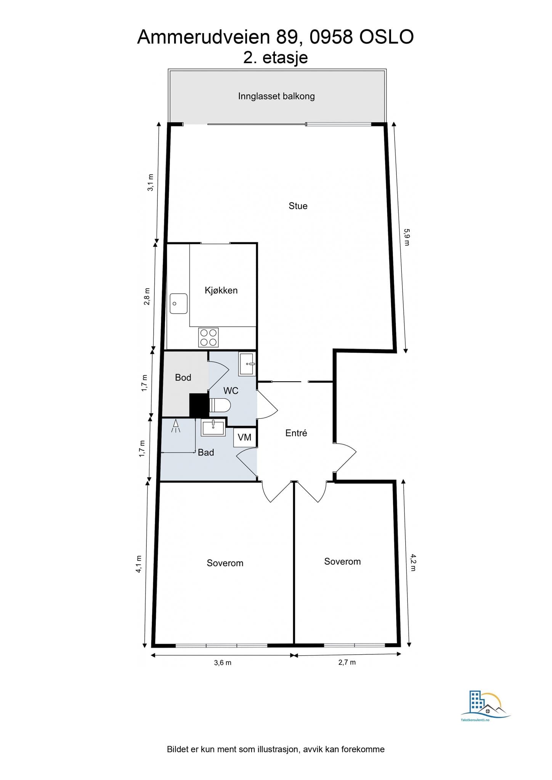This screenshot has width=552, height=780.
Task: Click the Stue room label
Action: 298,206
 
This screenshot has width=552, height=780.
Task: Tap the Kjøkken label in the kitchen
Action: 221,291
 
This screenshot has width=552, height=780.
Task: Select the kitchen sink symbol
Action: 178,304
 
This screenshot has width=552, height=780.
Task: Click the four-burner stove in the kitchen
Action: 209,337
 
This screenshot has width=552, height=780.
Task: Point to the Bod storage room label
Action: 183,377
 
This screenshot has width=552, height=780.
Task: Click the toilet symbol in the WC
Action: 220,405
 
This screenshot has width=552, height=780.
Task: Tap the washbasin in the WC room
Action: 247,364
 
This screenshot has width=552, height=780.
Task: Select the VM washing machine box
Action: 245,437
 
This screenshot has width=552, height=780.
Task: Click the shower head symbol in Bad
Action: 176,425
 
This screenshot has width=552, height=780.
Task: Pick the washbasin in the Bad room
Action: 213,427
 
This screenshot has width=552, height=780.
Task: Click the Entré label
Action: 296,433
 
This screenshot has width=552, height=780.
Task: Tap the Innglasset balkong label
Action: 276,96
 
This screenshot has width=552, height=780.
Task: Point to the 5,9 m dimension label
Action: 406,237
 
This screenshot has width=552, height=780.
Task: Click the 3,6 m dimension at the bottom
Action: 223,663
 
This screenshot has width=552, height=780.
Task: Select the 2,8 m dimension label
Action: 147,296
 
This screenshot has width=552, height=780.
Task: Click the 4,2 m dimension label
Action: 413,563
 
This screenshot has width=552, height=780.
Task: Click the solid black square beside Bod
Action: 199,405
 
